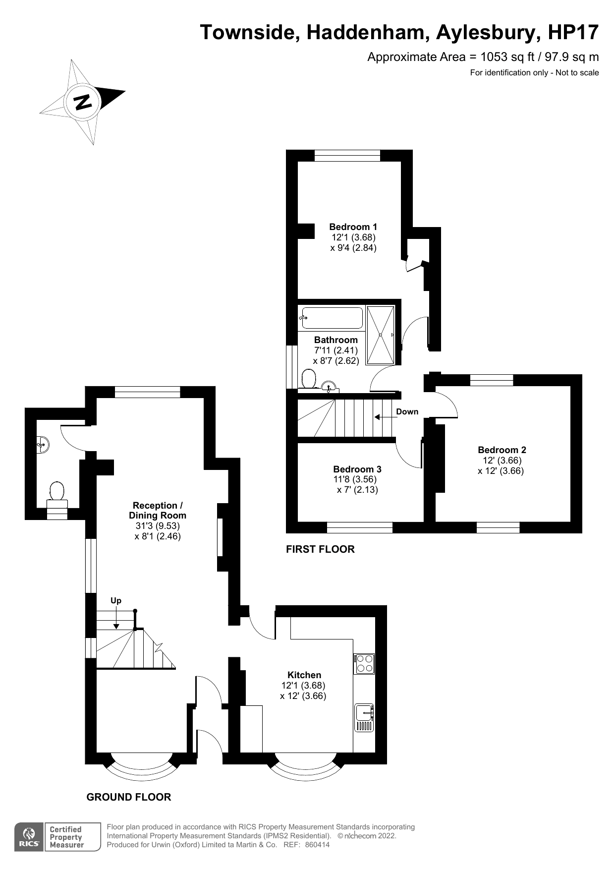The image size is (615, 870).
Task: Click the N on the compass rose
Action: [83, 102]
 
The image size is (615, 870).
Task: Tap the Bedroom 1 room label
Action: [353, 227]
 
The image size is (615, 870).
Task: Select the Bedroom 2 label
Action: [502, 450]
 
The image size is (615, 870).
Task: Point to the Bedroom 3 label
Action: [357, 469]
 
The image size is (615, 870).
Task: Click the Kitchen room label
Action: [304, 675]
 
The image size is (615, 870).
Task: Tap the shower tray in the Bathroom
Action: [381, 335]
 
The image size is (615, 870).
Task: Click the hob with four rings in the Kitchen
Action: [364, 664]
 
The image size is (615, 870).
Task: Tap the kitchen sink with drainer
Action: [364, 717]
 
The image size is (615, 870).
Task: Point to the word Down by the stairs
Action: [407, 412]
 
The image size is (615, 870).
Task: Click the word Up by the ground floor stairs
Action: [116, 601]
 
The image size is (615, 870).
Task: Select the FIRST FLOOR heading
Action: [320, 549]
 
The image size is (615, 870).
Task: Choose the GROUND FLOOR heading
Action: [129, 797]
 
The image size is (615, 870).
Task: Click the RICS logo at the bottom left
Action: [29, 837]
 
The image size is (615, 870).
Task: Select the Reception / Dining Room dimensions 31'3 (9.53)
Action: [158, 526]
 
